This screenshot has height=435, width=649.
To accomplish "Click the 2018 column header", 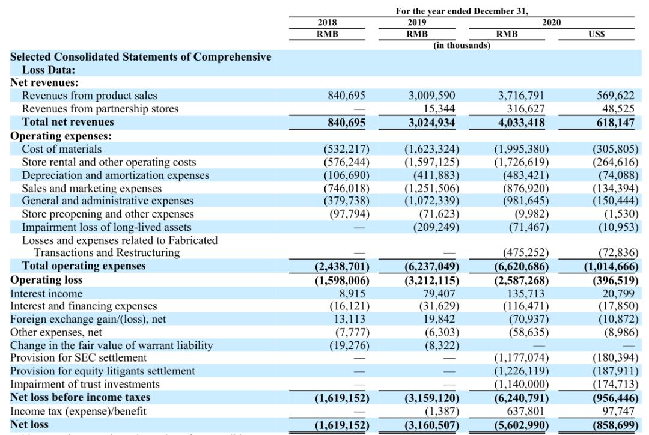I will (327, 23).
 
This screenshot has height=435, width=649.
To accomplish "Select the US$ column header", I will (597, 34).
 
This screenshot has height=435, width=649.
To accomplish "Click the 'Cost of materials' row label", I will (62, 148).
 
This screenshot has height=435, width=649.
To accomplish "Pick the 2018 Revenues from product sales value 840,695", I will (346, 96).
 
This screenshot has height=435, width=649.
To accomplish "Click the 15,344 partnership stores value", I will (439, 109).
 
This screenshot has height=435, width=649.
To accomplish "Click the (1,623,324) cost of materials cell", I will (431, 148).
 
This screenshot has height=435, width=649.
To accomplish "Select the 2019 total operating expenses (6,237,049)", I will (431, 266).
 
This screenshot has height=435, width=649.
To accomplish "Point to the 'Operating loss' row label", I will (46, 280).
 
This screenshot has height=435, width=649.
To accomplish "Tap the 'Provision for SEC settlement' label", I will (70, 358).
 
